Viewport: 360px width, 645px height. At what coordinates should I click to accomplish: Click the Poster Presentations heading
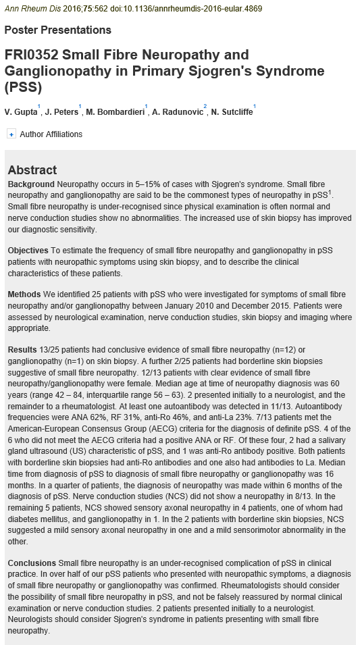point(57,30)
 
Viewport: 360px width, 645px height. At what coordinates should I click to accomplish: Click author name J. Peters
point(61,111)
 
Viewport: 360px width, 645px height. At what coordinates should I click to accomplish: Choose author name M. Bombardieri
point(115,111)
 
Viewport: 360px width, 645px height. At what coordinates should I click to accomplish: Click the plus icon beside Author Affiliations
point(11,134)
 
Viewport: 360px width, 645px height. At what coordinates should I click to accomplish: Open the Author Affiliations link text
point(51,134)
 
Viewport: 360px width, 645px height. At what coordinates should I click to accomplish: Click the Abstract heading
point(32,170)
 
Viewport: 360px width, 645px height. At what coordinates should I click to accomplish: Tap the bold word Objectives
point(28,251)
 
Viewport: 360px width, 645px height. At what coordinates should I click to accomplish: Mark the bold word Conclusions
point(32,563)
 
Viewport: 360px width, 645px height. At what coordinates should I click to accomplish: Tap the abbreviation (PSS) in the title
point(23,87)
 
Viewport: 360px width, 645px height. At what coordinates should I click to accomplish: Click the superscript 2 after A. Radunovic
point(205,107)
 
